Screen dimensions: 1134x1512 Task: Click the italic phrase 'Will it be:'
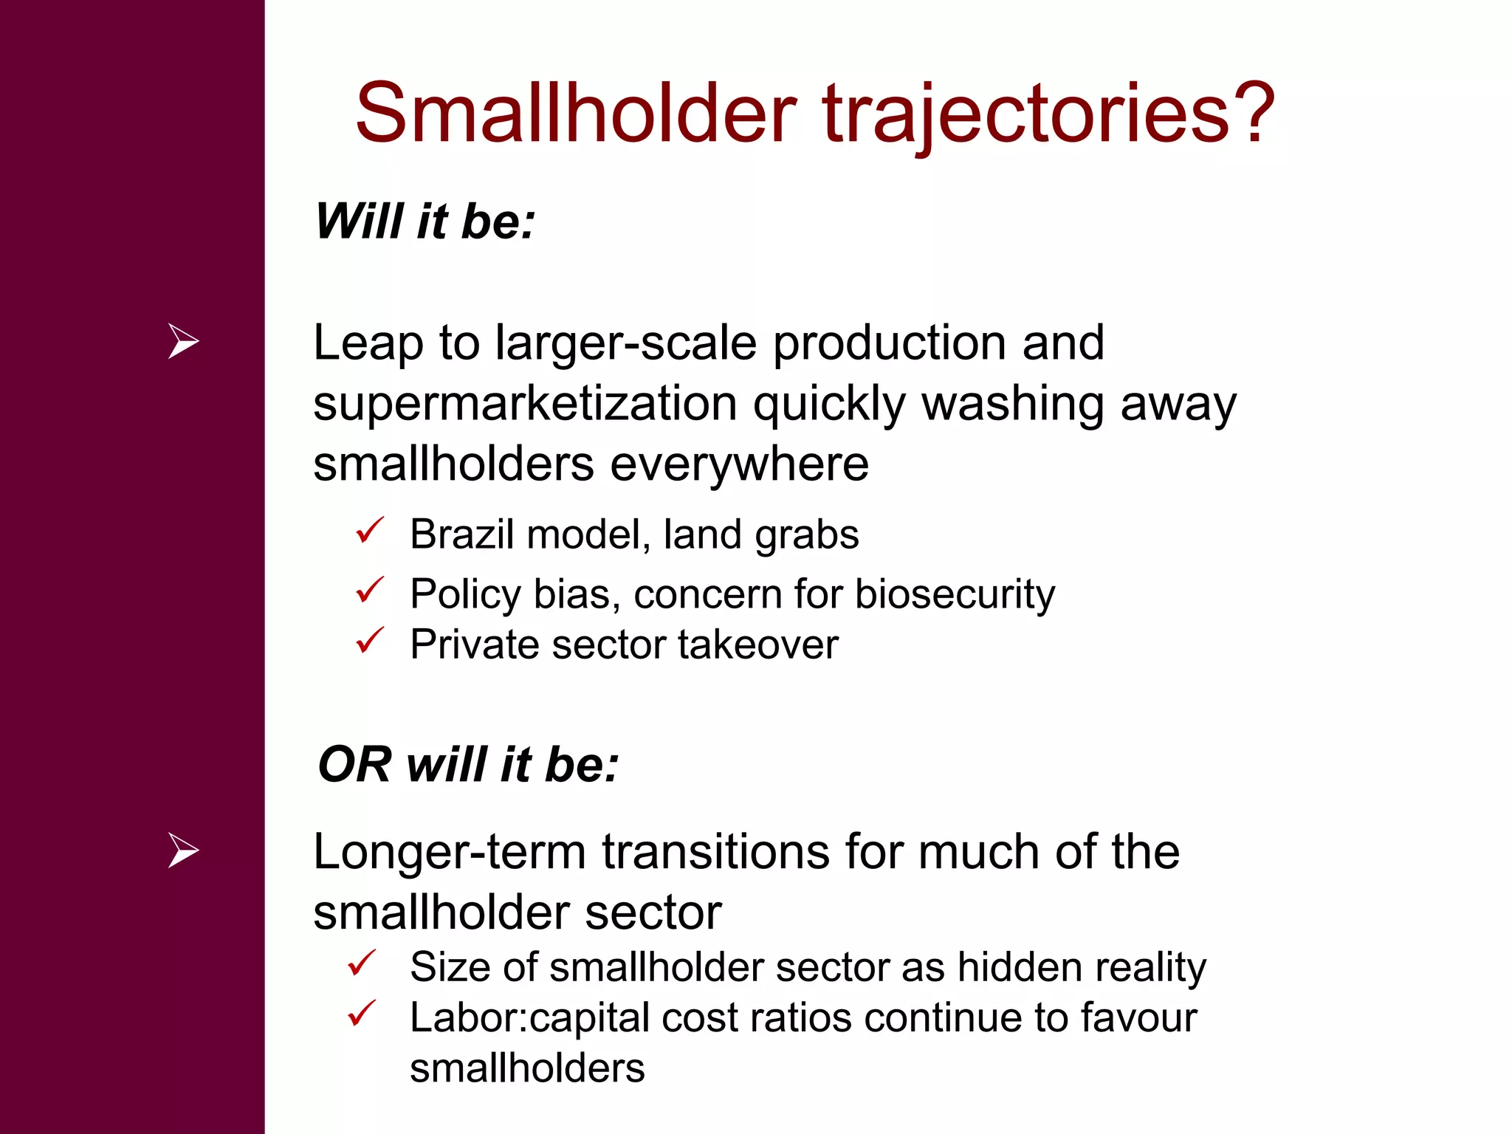click(425, 221)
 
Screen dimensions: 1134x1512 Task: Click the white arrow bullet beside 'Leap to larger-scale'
click(183, 341)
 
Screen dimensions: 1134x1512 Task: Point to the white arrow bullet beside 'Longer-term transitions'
click(183, 850)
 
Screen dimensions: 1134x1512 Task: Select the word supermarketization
click(525, 405)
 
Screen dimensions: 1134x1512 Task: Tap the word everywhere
click(739, 465)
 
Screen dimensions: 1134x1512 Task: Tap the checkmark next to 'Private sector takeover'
click(369, 640)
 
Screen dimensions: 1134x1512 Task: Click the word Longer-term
click(450, 853)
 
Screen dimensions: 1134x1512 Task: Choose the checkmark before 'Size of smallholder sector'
click(362, 963)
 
